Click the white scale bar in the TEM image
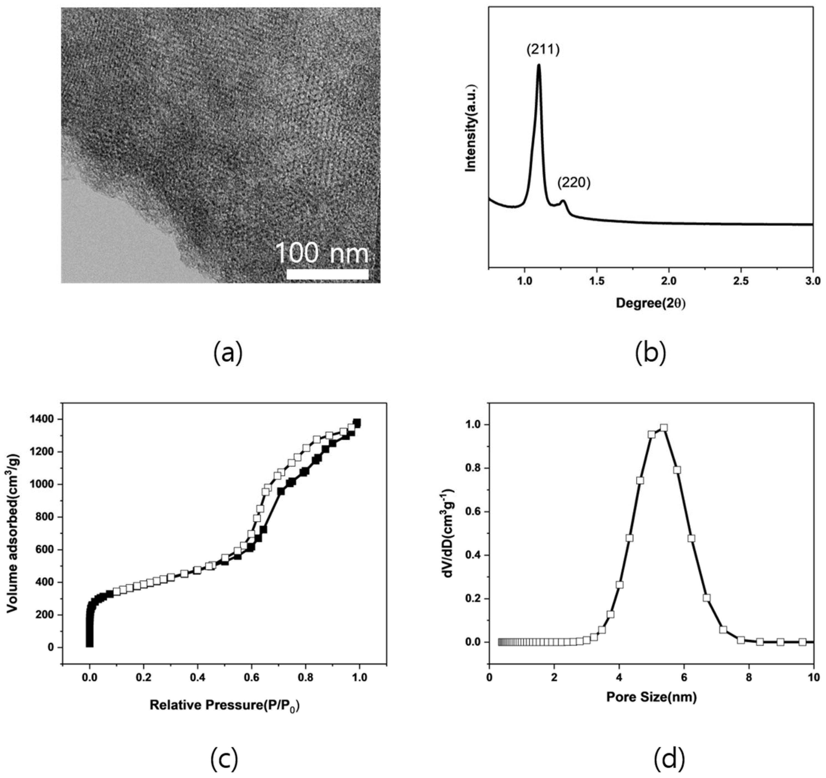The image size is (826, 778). tap(328, 274)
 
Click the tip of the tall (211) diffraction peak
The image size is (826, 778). tap(539, 65)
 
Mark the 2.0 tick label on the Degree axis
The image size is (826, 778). tap(669, 281)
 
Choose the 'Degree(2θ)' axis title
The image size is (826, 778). tap(651, 303)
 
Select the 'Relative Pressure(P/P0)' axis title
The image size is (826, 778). tap(224, 705)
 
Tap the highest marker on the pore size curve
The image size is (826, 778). tap(664, 428)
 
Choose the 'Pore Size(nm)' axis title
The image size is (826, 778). tap(651, 697)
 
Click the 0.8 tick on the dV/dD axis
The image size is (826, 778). tap(474, 468)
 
